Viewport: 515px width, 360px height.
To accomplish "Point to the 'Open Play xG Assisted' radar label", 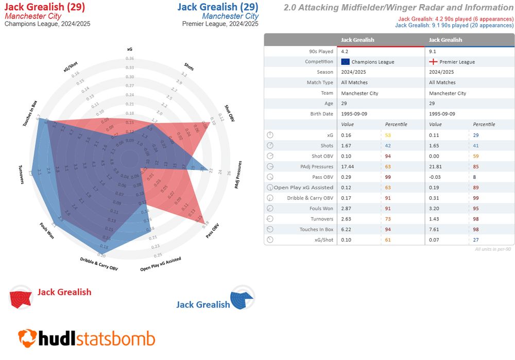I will click(x=161, y=264).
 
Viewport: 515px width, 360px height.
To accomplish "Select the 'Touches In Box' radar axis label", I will click(x=30, y=113).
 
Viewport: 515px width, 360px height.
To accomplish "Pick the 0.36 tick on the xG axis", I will click(x=129, y=59).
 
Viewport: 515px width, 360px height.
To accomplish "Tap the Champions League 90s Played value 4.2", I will click(x=344, y=52).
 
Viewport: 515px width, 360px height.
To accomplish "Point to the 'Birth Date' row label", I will click(x=322, y=114).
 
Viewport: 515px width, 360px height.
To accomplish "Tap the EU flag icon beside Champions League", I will click(x=346, y=62).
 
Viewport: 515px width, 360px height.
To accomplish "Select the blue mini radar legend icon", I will click(x=243, y=297).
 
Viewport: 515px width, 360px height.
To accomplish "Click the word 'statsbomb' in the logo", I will click(x=116, y=338).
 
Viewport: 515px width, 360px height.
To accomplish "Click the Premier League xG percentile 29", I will click(x=476, y=135).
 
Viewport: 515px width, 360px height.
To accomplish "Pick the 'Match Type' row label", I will click(x=320, y=82).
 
